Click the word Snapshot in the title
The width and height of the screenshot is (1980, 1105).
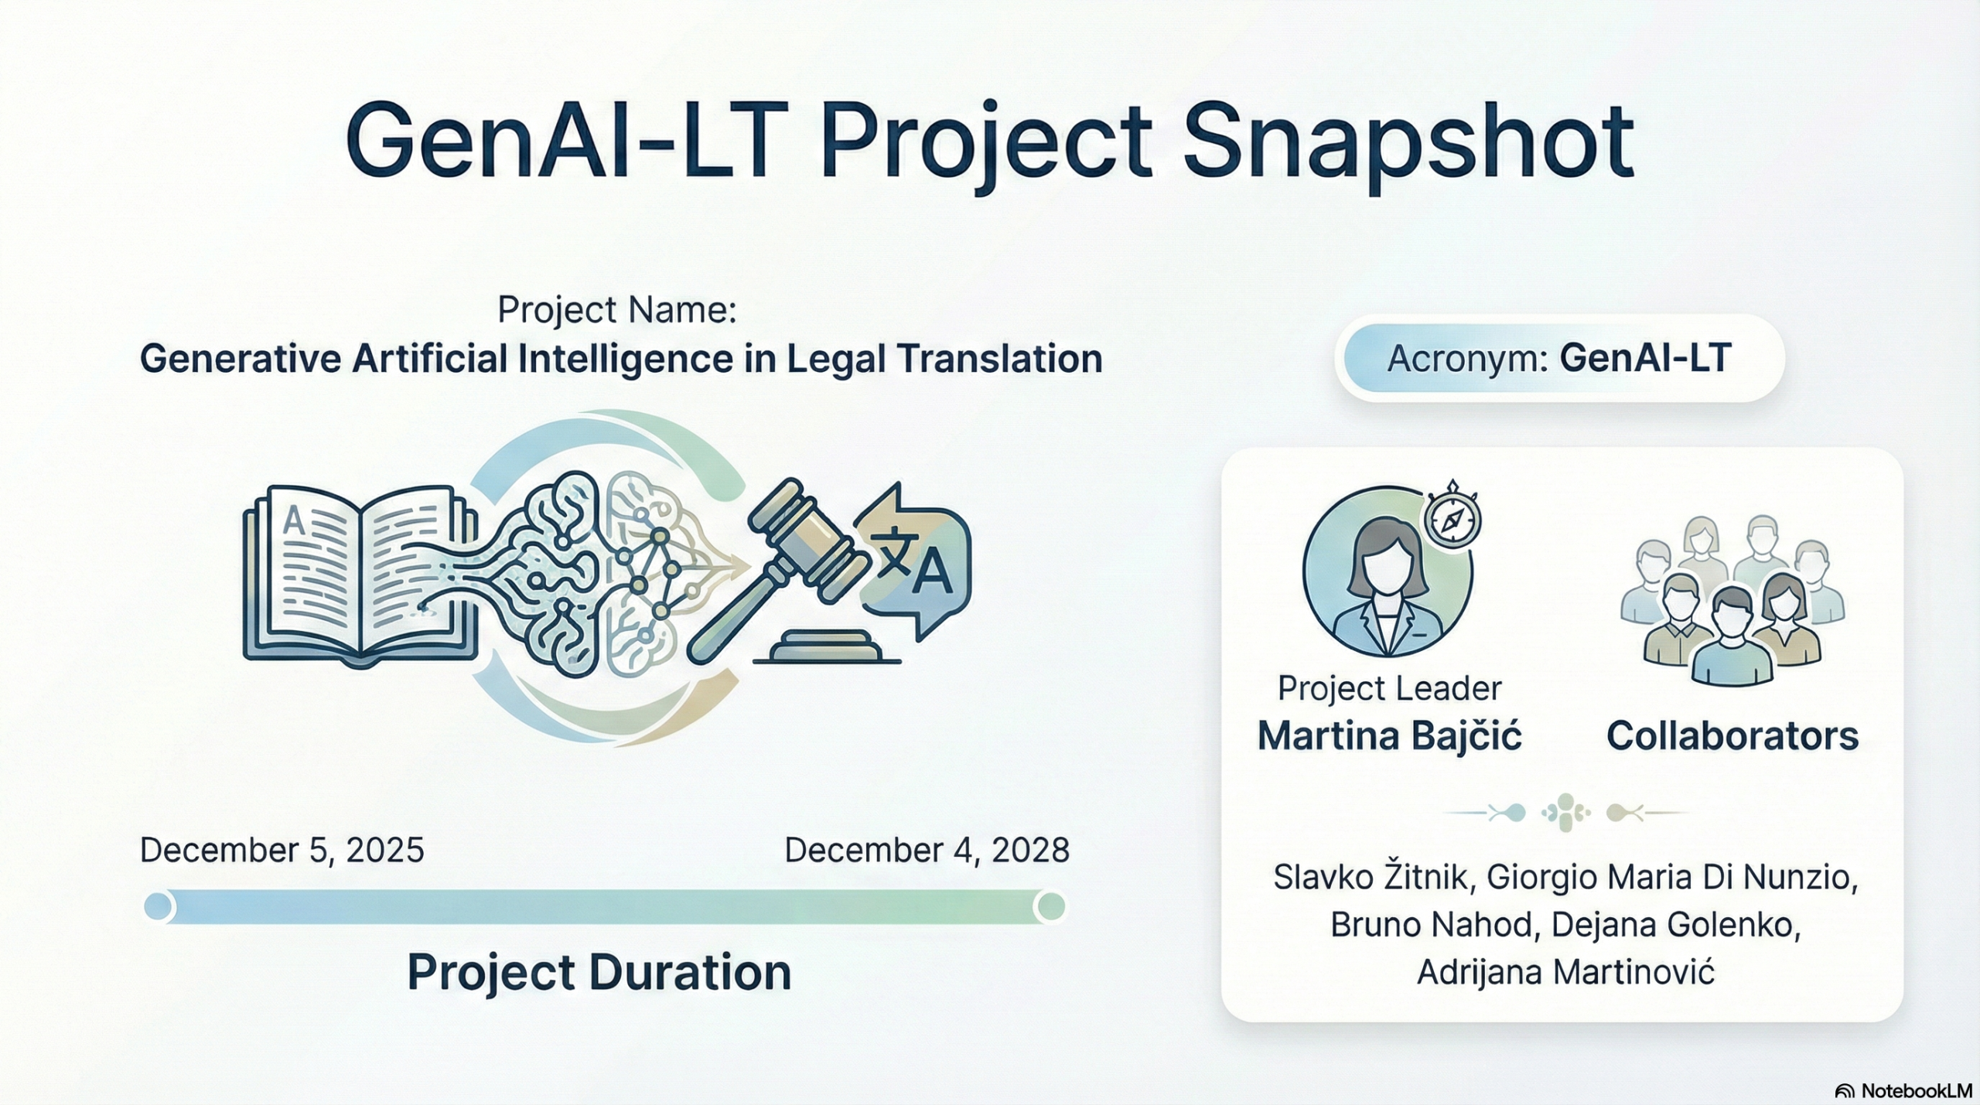pyautogui.click(x=1408, y=144)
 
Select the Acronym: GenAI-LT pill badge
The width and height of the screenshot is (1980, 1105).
pyautogui.click(x=1559, y=358)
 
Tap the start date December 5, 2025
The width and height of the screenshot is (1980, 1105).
pyautogui.click(x=282, y=851)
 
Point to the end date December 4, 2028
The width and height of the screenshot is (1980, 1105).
pyautogui.click(x=927, y=851)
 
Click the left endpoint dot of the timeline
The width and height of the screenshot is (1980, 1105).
pyautogui.click(x=158, y=906)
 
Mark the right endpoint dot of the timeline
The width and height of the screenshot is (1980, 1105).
pyautogui.click(x=1050, y=906)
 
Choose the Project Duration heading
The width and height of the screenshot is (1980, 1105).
pyautogui.click(x=599, y=972)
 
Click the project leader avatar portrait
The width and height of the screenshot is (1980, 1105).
pyautogui.click(x=1388, y=572)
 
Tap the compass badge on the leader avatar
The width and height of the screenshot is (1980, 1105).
pyautogui.click(x=1452, y=517)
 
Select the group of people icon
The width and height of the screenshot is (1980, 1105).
pyautogui.click(x=1732, y=600)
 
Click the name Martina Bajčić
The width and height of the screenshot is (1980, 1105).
pyautogui.click(x=1390, y=735)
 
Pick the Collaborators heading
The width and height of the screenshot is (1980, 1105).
pyautogui.click(x=1732, y=736)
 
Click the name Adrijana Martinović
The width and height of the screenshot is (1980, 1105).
pyautogui.click(x=1566, y=972)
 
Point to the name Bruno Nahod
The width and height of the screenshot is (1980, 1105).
pyautogui.click(x=1431, y=925)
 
